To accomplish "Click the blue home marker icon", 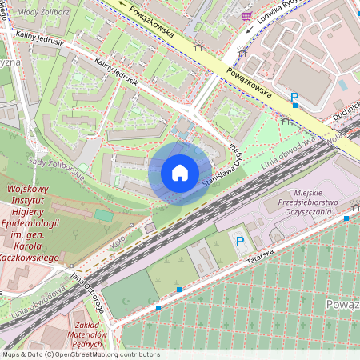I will (180, 173).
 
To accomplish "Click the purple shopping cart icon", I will (246, 15).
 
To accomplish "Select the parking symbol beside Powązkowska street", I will (294, 98).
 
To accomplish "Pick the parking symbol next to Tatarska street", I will (238, 240).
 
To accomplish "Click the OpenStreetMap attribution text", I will (80, 354).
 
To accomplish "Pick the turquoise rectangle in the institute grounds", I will (103, 215).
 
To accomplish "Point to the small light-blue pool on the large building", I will (342, 84).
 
